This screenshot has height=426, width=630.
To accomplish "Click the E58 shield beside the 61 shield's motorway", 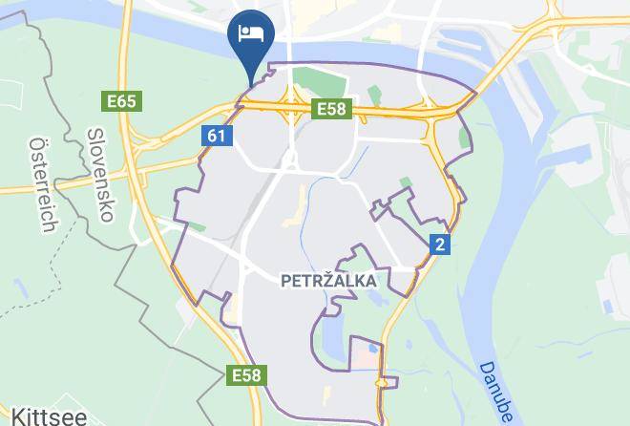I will [331, 110].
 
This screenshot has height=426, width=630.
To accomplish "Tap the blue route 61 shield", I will [217, 137].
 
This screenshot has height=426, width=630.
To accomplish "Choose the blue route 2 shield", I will [439, 244].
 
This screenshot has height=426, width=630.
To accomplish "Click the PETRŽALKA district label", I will [328, 282].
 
